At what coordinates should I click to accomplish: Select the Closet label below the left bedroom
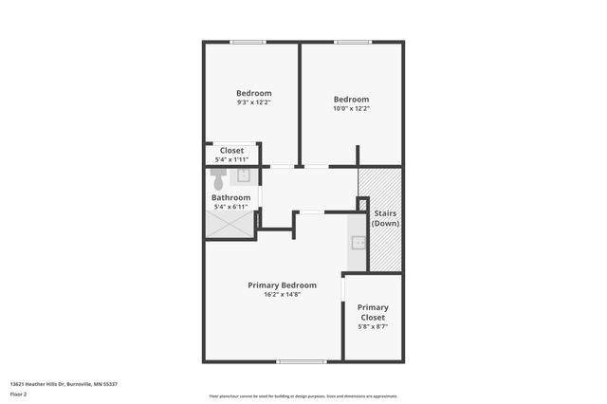click(x=231, y=151)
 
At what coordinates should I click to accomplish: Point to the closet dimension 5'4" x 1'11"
click(x=231, y=159)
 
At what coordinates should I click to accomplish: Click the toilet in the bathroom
click(x=217, y=178)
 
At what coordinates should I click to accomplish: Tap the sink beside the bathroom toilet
click(x=243, y=175)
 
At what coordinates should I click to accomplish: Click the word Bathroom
click(x=230, y=197)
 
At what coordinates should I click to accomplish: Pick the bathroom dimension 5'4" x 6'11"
click(x=230, y=206)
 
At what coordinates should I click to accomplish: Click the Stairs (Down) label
click(x=385, y=218)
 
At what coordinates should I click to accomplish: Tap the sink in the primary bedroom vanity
click(x=358, y=242)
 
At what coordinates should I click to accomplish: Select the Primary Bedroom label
click(x=282, y=285)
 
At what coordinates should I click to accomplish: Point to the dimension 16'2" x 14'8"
click(x=282, y=294)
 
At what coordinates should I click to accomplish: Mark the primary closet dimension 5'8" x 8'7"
click(x=373, y=326)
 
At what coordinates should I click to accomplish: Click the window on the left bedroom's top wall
click(x=248, y=41)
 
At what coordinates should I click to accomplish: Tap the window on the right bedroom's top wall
click(x=352, y=41)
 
